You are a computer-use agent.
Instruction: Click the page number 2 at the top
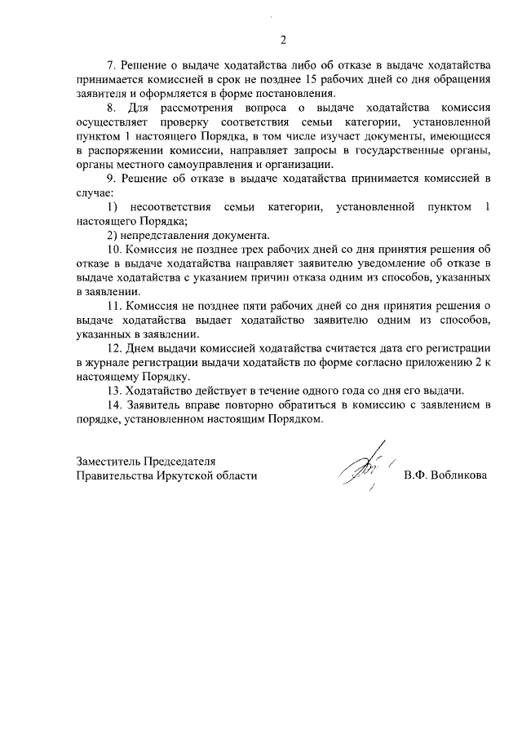[283, 40]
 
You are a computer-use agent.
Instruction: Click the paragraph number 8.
[113, 108]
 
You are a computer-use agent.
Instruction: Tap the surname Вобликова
[458, 475]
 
